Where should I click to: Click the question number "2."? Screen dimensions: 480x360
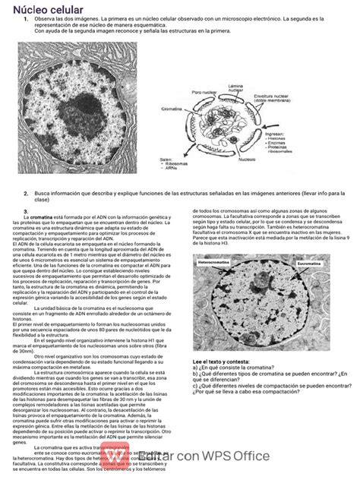24,194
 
